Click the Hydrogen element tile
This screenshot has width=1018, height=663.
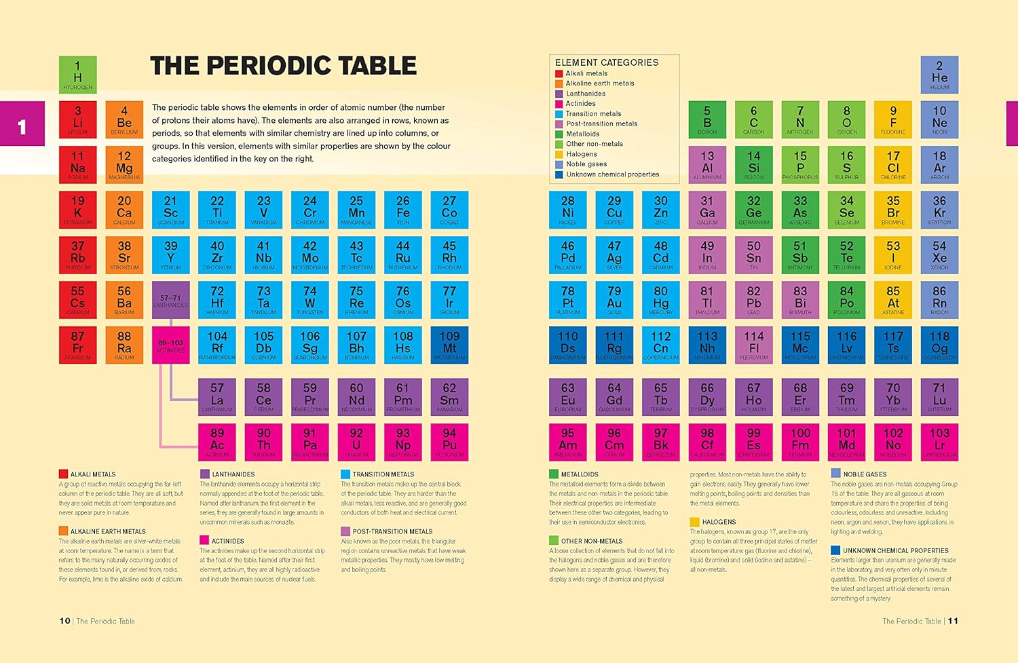(x=77, y=74)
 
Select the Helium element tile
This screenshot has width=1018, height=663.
(x=939, y=74)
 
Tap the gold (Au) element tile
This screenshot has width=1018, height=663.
(x=614, y=300)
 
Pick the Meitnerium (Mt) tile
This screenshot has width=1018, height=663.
(x=449, y=345)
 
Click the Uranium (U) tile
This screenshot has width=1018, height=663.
(x=356, y=442)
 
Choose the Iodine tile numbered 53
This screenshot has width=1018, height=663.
(x=893, y=254)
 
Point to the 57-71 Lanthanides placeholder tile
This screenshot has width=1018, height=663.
(x=170, y=300)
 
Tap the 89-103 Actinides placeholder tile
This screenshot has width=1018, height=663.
(x=170, y=345)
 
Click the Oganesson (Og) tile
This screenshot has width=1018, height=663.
(x=939, y=345)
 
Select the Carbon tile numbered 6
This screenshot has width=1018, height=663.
(x=753, y=119)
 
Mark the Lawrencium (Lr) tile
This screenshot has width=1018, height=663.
(x=939, y=442)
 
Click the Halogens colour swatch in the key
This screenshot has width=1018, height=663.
(x=559, y=154)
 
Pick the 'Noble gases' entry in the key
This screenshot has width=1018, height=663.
(x=586, y=164)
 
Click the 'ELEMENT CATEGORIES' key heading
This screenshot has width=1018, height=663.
(x=607, y=62)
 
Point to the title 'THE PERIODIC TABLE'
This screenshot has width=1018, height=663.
(x=283, y=66)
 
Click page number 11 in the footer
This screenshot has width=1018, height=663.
(x=953, y=621)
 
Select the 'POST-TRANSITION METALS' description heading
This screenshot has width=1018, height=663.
(x=392, y=531)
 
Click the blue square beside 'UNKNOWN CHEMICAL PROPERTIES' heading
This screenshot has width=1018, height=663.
(x=835, y=550)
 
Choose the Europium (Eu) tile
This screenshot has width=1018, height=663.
(x=567, y=396)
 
